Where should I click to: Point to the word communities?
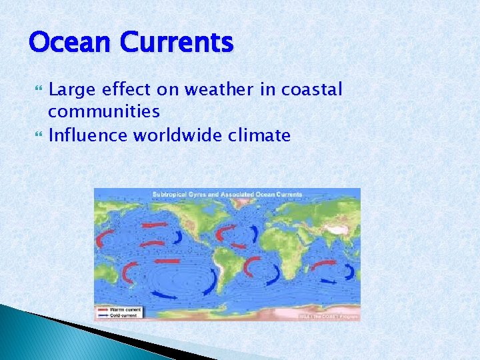coord(104,110)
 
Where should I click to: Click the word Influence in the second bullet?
coord(89,136)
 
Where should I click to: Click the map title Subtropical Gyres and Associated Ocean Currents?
coord(227,195)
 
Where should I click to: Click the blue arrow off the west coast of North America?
coord(178,238)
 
